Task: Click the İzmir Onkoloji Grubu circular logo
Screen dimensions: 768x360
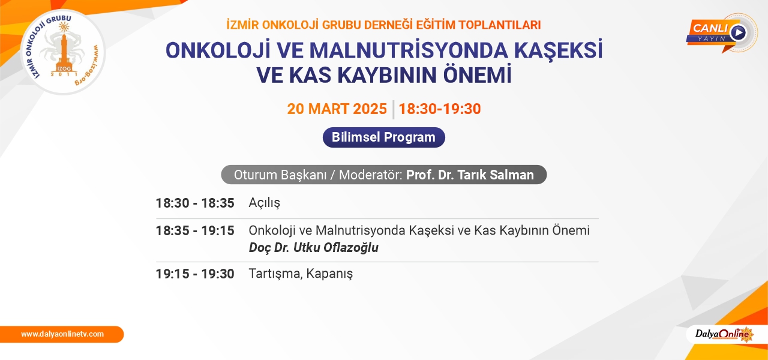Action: [63, 52]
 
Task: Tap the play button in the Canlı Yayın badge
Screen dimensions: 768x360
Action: [738, 33]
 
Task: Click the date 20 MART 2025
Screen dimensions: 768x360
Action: [337, 109]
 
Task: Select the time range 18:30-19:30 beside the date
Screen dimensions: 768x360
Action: [440, 109]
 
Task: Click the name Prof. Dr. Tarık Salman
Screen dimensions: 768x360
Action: [470, 175]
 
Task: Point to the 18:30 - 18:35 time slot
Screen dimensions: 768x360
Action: [195, 203]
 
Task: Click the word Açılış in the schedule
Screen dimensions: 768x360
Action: [265, 203]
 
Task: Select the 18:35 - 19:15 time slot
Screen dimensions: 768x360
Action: [195, 231]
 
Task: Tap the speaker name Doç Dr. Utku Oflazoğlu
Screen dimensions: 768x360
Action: [314, 248]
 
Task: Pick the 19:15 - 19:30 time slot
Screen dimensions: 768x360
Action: [195, 274]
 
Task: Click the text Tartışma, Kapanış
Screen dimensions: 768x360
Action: [301, 274]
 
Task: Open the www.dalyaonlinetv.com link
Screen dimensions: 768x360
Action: [62, 334]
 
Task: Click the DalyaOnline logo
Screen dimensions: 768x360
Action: [724, 334]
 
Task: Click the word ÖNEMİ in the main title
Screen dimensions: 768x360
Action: [477, 75]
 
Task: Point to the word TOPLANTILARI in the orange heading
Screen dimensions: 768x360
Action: [500, 25]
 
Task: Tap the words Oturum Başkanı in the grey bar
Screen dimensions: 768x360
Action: [280, 175]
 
